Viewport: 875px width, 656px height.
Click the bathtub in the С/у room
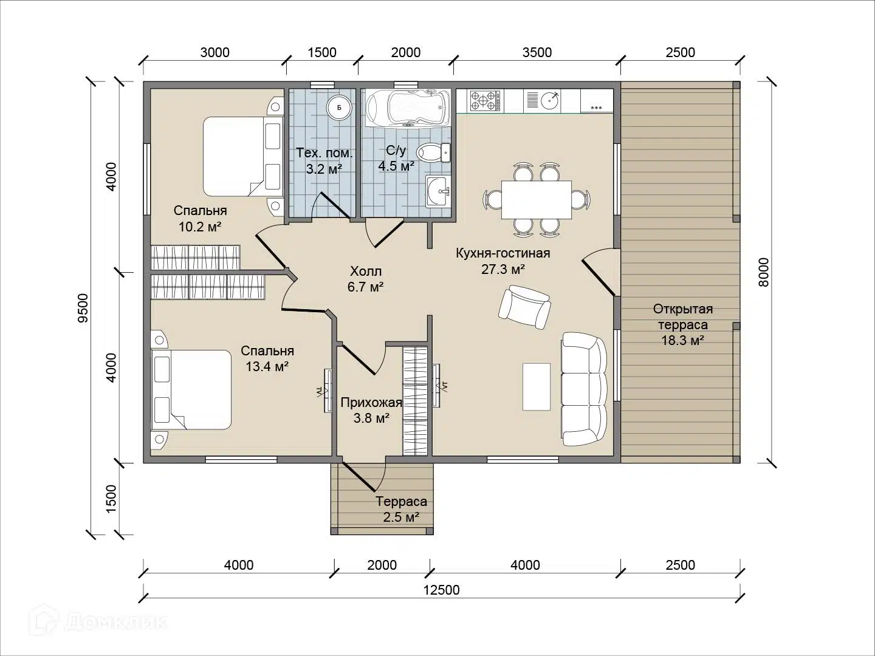408,108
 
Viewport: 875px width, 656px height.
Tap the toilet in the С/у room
433,152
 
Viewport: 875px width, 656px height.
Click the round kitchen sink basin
550,100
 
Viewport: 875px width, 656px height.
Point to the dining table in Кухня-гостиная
536,199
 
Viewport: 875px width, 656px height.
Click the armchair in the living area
524,307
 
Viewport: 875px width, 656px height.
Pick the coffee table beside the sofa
537,386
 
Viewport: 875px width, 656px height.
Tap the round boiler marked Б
339,108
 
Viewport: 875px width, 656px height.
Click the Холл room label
366,272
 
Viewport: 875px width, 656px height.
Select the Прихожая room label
371,403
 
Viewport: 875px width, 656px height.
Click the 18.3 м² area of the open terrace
683,341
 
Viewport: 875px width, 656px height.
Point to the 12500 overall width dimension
441,590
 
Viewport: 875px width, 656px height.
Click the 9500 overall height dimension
83,309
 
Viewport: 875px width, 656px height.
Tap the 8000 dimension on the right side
763,272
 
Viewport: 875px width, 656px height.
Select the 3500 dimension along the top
537,52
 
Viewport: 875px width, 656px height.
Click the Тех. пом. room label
324,153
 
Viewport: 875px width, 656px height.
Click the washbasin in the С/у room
437,191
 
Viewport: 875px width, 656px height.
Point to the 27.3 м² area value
503,269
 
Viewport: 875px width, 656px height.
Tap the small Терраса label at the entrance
402,501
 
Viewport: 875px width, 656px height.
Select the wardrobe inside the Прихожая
415,401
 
